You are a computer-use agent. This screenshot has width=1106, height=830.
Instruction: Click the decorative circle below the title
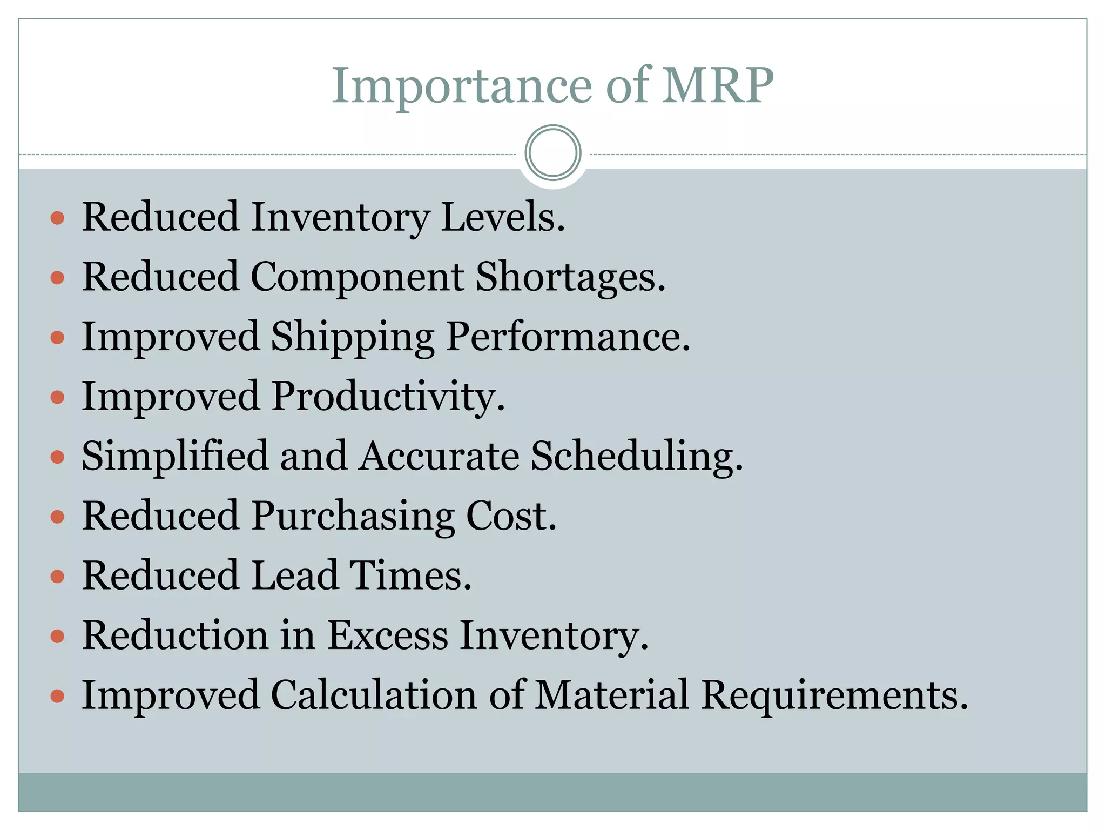coord(552,153)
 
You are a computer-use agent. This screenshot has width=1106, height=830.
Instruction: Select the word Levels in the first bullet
coord(502,217)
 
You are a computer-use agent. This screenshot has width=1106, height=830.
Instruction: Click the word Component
coord(356,277)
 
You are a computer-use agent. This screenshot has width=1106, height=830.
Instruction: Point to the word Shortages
coord(570,277)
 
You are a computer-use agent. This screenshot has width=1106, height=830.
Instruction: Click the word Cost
coord(510,516)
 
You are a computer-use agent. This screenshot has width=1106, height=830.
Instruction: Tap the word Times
coord(410,575)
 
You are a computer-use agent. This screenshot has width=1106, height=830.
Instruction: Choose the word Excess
coord(388,635)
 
